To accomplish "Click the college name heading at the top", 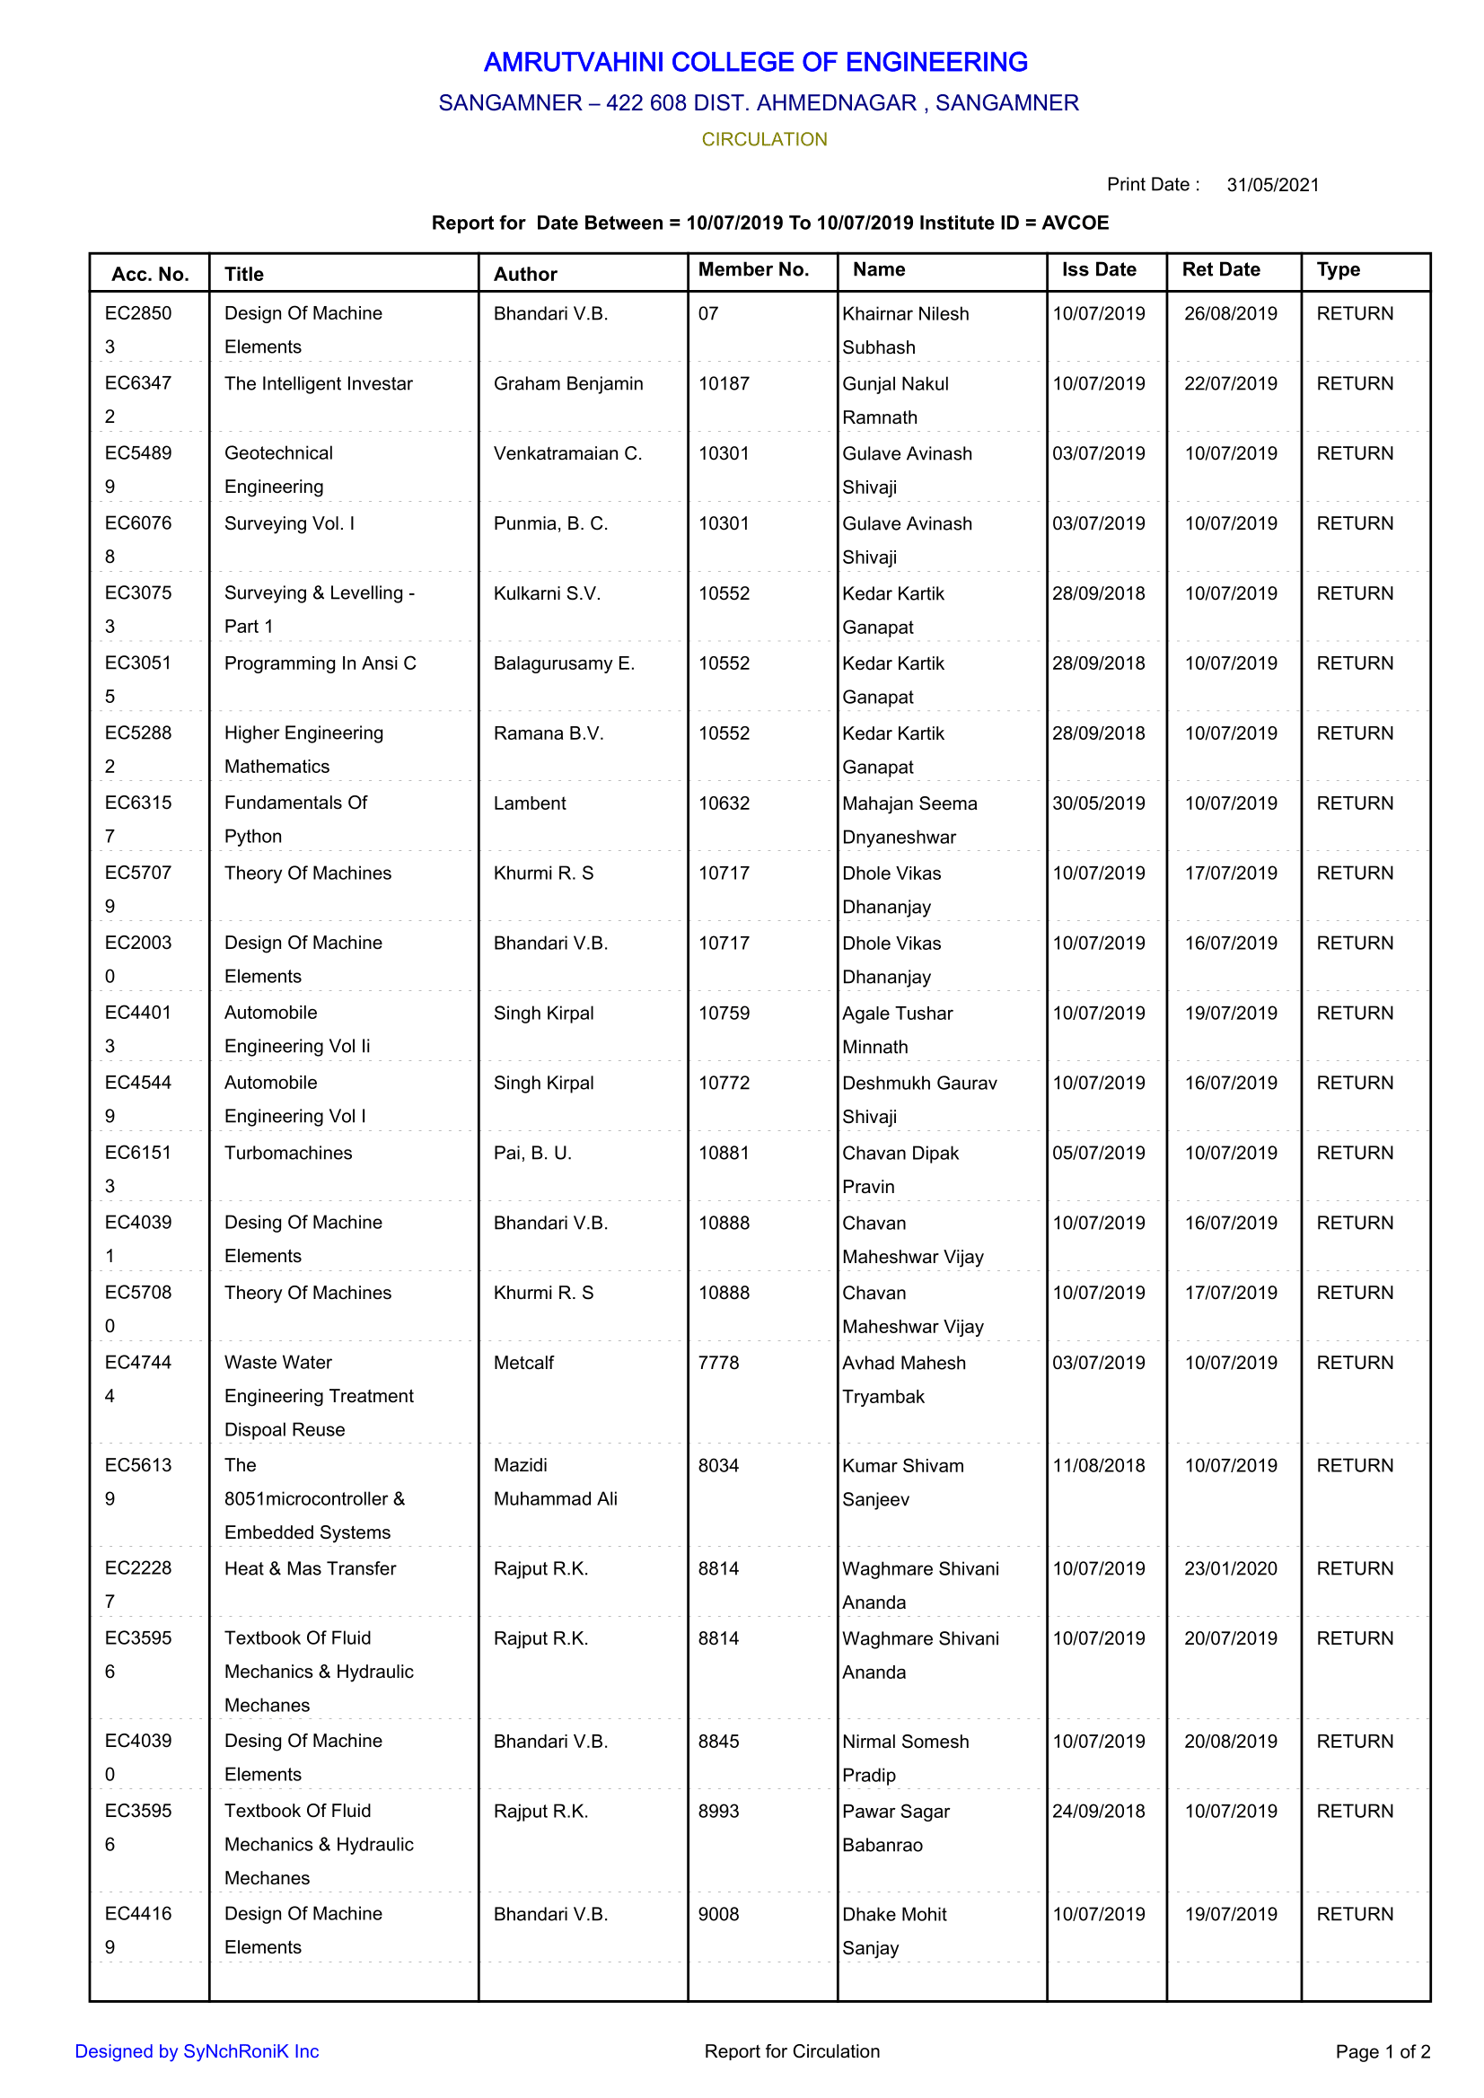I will click(755, 62).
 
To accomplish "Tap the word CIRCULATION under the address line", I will click(764, 140).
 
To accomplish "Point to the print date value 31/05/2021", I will click(1272, 186).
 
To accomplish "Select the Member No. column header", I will click(753, 269).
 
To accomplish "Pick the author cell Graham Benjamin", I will click(567, 384).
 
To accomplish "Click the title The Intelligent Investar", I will click(318, 384).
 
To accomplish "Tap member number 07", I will click(708, 313).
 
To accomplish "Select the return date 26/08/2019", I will click(1230, 313).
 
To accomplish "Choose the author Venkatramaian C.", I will click(567, 453).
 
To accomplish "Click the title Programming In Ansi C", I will click(320, 663).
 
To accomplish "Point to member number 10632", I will click(724, 803).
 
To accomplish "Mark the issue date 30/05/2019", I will click(1098, 803).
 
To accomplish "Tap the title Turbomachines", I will click(288, 1154).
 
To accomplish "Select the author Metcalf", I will click(523, 1363).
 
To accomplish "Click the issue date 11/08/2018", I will click(1098, 1466).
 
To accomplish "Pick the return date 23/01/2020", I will click(1230, 1569).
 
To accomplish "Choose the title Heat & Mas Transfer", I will click(310, 1569).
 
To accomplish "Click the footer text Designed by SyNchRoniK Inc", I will click(197, 2051).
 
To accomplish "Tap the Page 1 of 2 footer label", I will click(1382, 2051).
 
